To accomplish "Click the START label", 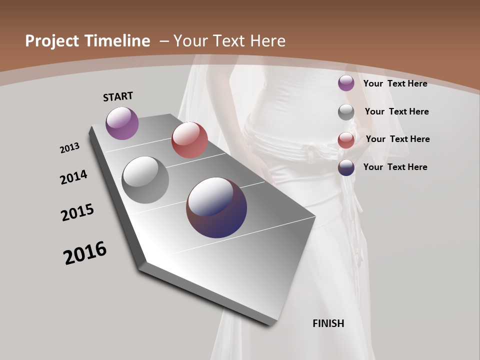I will pos(118,96).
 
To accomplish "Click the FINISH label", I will pos(328,323).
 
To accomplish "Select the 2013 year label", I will pos(69,148).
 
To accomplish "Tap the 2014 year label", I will pos(73,177).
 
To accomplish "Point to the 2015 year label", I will pos(77,212).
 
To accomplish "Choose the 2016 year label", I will pos(85,252).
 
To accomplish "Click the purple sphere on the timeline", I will pos(122,123).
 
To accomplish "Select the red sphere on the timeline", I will pos(189,140).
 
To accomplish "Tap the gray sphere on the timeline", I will pos(145,180).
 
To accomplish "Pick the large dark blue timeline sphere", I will pos(216,207).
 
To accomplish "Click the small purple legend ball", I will pos(346,83).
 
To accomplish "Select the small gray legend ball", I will pos(346,112).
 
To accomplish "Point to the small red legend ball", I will pos(346,140).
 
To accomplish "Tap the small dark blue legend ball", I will pos(346,167).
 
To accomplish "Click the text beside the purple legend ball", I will pos(395,83).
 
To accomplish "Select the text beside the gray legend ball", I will pos(396,111).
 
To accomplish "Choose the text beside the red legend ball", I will pos(397,139).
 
